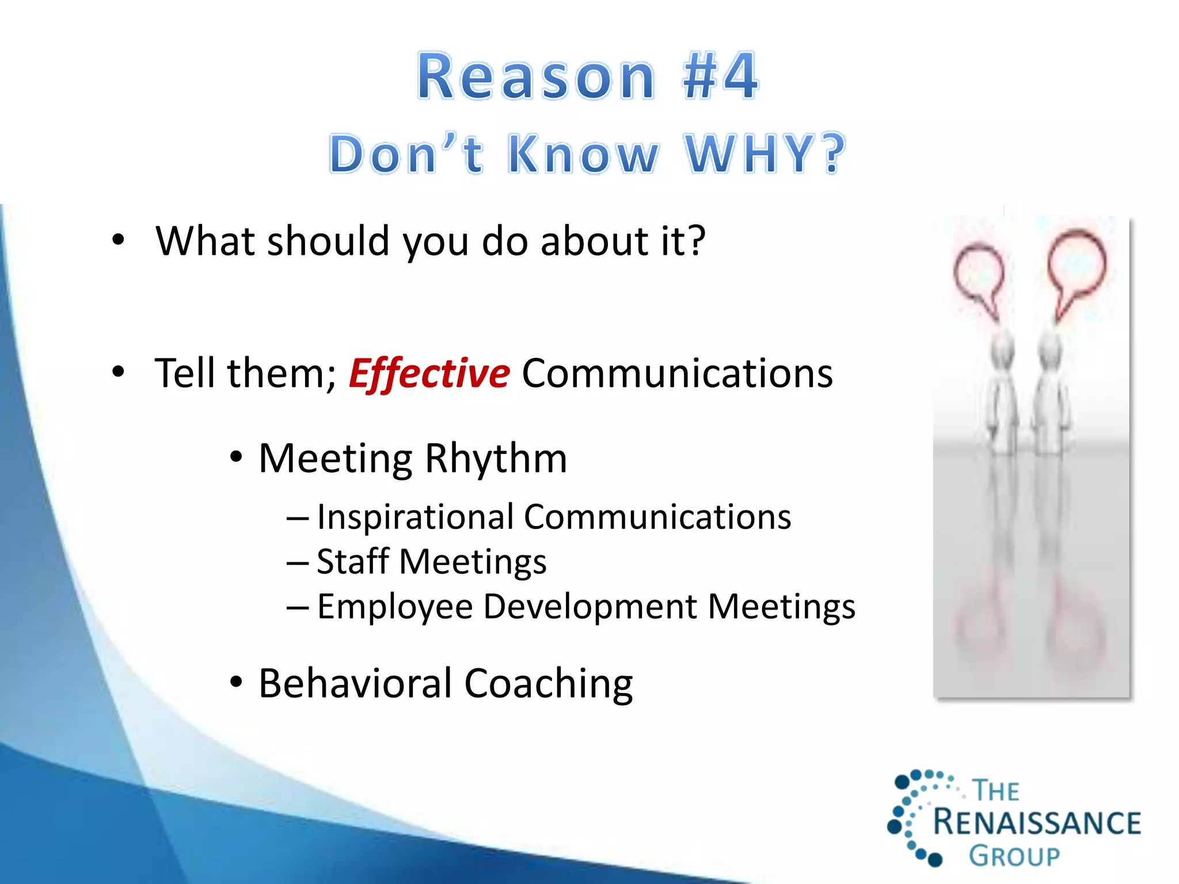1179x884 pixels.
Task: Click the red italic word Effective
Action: click(x=429, y=374)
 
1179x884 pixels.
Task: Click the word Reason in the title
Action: click(x=536, y=77)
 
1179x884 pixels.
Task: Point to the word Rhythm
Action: click(x=496, y=459)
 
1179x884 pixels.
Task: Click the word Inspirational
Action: click(x=414, y=517)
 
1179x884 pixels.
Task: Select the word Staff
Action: click(x=352, y=561)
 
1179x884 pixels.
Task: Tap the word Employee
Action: click(x=394, y=607)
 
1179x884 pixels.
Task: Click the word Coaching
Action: click(x=548, y=684)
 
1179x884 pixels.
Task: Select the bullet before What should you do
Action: click(x=118, y=240)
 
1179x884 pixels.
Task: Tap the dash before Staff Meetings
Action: click(x=298, y=562)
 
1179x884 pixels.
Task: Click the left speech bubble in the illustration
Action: click(x=978, y=273)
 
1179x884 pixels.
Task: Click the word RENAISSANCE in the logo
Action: click(x=1036, y=822)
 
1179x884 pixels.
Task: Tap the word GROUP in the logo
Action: click(x=1014, y=856)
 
